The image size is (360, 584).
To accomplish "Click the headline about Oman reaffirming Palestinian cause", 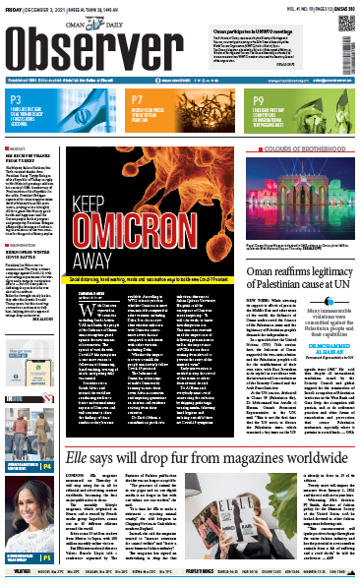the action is tap(295, 237).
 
